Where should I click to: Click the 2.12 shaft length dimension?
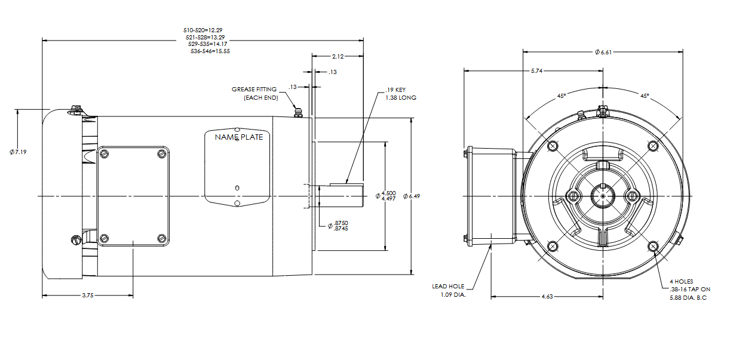point(338,57)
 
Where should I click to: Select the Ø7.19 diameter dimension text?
point(18,152)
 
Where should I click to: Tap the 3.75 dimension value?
point(88,296)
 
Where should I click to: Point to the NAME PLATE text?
point(239,137)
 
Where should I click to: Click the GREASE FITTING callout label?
point(254,90)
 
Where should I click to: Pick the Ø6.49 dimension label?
point(412,196)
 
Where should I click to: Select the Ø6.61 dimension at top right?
point(603,53)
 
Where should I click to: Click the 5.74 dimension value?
point(536,71)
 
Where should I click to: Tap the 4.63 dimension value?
point(547,297)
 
